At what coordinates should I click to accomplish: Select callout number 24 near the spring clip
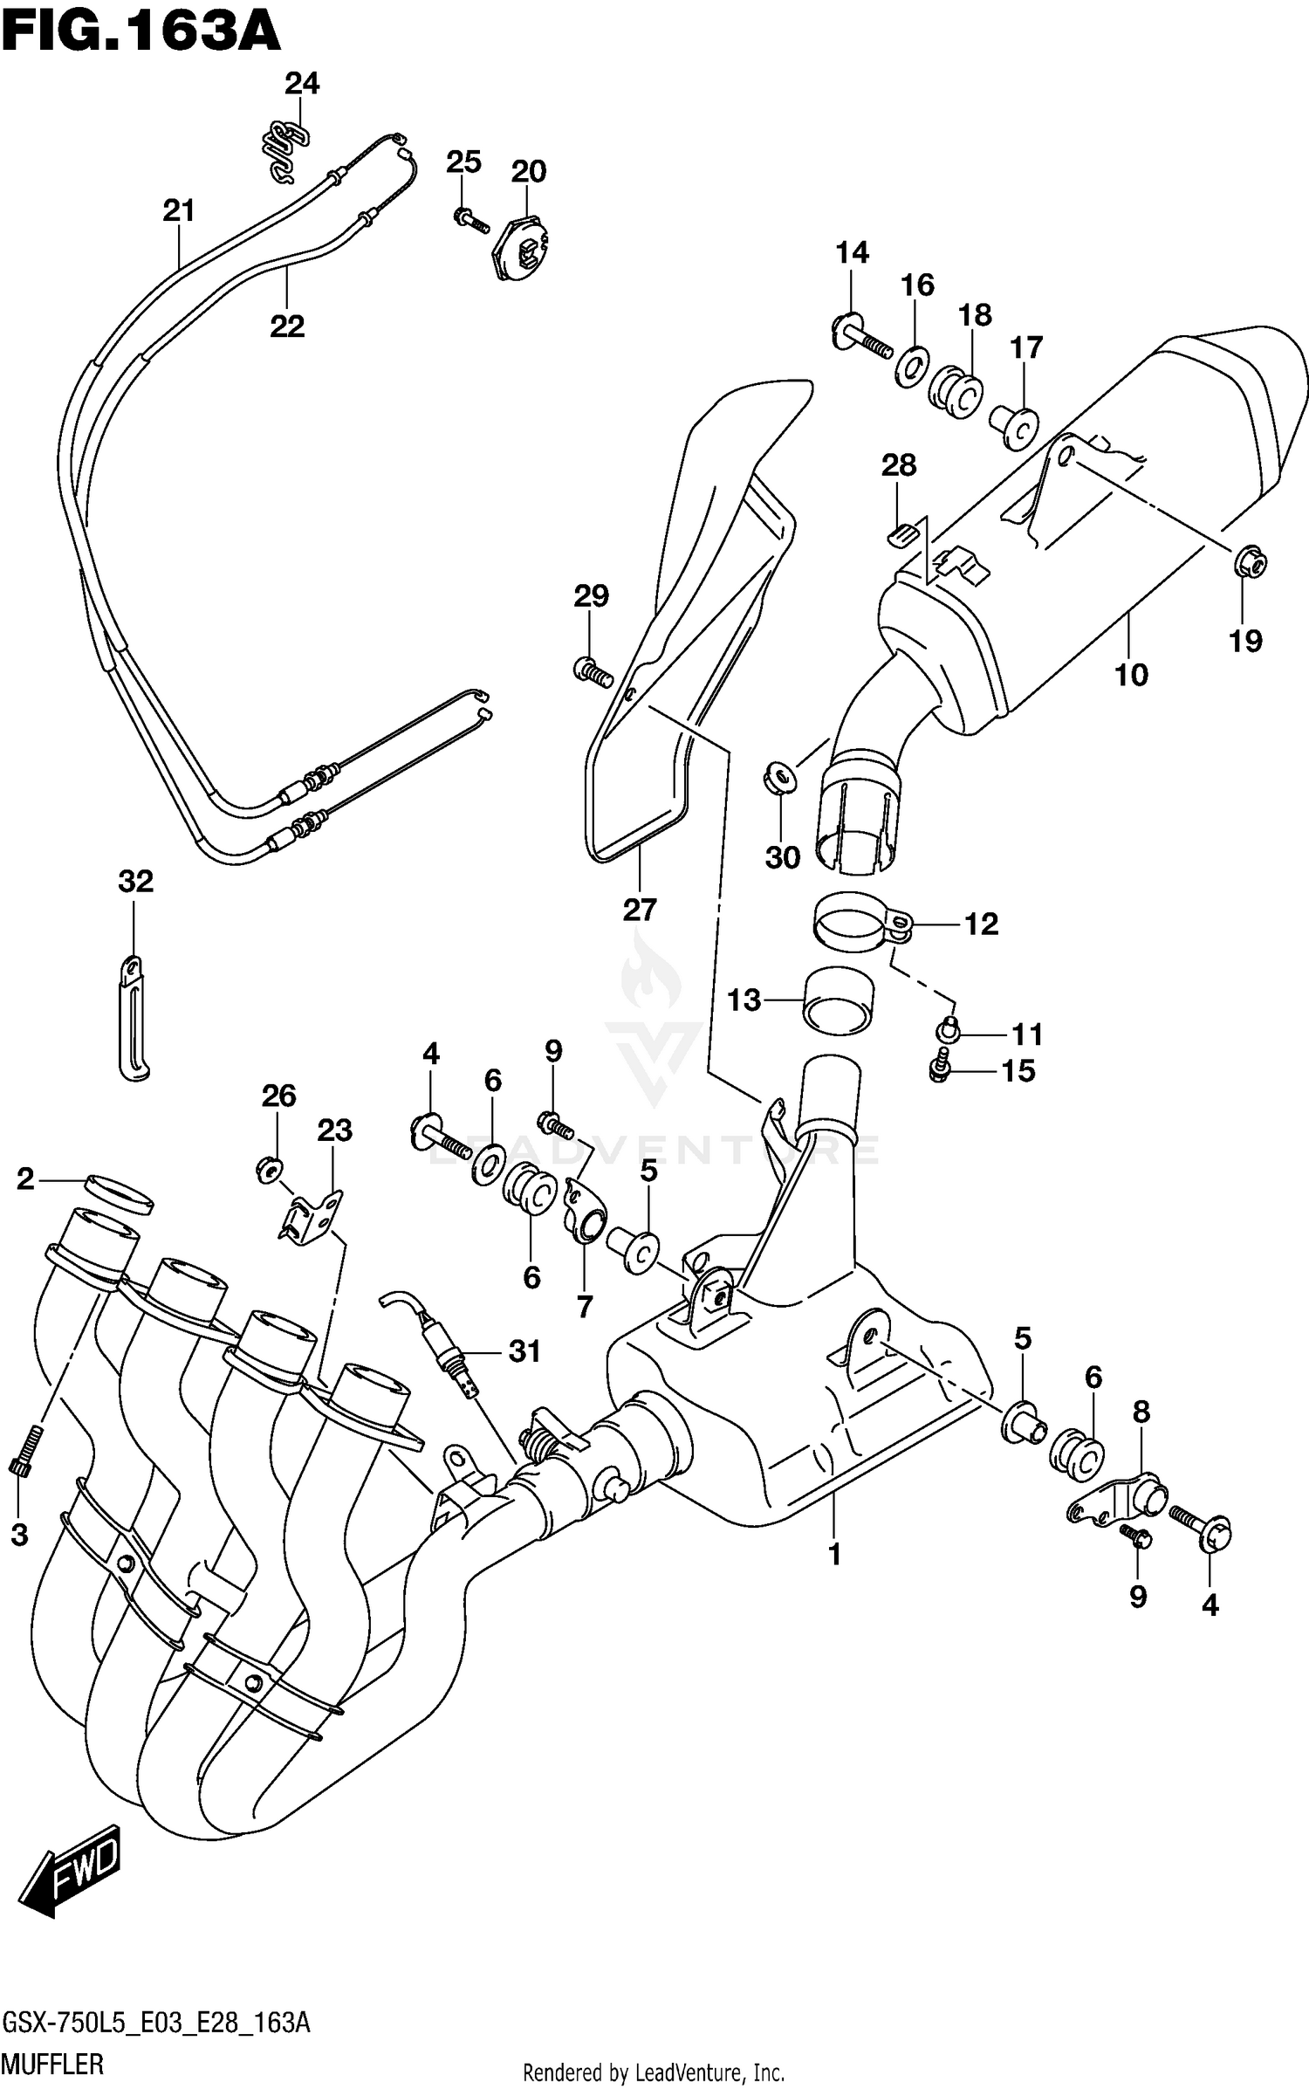(x=302, y=84)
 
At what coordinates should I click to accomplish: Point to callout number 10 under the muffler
(x=1131, y=674)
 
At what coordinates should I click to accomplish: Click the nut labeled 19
(x=1251, y=565)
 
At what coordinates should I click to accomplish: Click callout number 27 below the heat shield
(x=639, y=910)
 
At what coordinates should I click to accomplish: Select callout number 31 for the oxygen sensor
(x=524, y=1351)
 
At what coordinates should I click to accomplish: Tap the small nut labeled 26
(x=270, y=1167)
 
